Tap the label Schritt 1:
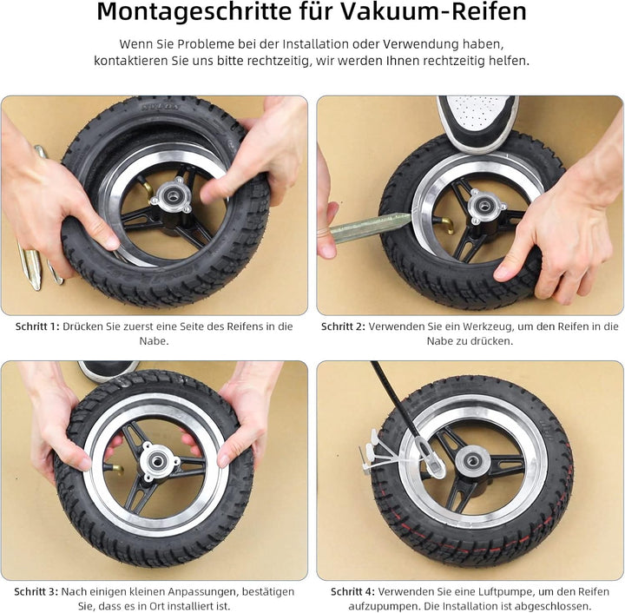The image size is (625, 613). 37,326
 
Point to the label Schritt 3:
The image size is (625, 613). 36,591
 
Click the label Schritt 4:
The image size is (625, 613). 352,591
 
